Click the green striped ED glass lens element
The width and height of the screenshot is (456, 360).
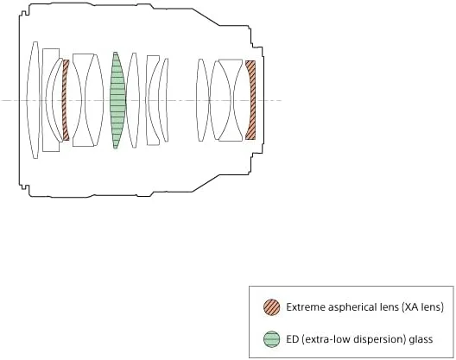click(x=117, y=100)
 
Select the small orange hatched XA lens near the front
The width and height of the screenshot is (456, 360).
click(x=66, y=100)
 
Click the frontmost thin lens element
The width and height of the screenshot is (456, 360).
click(x=34, y=100)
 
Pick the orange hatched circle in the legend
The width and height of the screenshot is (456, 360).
click(x=272, y=307)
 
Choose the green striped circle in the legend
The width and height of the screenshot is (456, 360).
click(x=272, y=339)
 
